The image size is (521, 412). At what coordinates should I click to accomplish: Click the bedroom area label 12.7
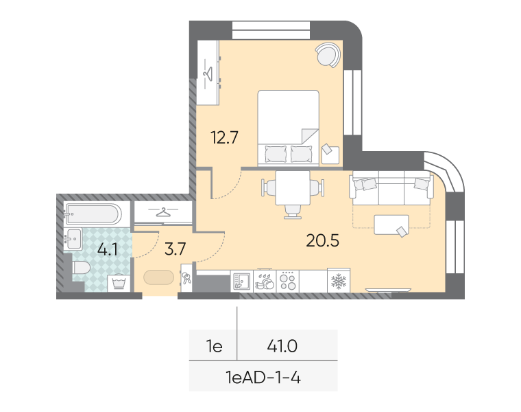coord(225,137)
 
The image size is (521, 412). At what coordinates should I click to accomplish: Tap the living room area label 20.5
coord(322,240)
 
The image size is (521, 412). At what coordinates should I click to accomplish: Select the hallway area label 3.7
coord(175,249)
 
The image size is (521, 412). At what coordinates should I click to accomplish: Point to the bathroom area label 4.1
coord(108,249)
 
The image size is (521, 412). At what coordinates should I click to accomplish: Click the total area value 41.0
coord(282,346)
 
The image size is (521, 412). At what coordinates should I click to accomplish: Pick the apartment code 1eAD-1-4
coord(263,378)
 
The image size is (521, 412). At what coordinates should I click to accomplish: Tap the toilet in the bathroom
coord(81,268)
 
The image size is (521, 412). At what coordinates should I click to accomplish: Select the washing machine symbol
coord(119,283)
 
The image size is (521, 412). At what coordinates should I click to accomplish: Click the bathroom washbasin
coord(73,238)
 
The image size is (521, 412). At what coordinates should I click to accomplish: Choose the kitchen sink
coord(241,282)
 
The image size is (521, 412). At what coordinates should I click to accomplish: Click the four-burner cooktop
coord(288,282)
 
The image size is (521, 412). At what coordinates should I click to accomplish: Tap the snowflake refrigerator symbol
coord(339,282)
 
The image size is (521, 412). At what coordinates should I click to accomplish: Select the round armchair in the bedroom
coord(328,55)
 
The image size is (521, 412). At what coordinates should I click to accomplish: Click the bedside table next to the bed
coord(330,154)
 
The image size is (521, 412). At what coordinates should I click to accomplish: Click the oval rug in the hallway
coord(159,277)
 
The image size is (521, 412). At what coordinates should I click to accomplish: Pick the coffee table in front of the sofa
coord(391,225)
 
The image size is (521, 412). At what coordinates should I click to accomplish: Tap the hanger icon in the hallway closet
coord(163,211)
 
